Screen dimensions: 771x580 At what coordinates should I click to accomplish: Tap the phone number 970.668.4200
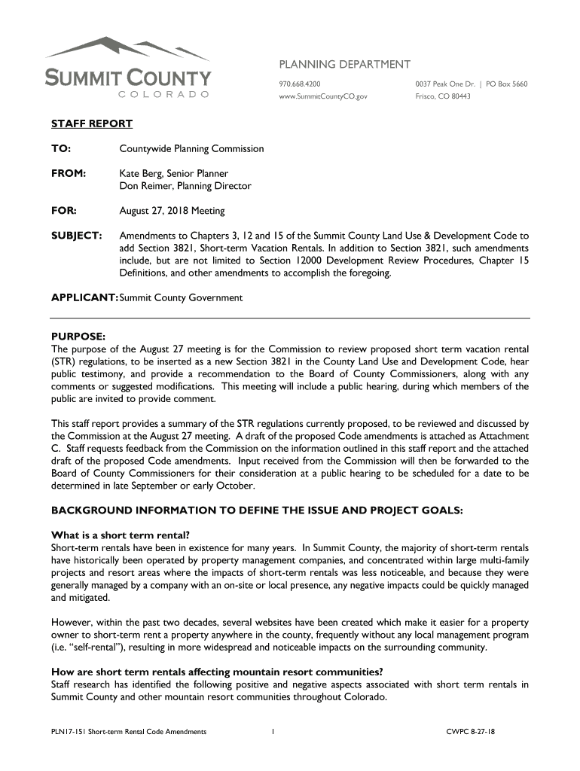point(299,84)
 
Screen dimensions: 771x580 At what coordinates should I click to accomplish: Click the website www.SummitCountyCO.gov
point(324,96)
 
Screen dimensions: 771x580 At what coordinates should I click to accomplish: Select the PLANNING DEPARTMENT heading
point(345,64)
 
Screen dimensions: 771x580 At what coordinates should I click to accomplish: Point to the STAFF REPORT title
point(91,123)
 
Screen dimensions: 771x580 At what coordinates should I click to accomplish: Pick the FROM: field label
point(69,173)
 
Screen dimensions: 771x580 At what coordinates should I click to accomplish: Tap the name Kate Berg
point(139,173)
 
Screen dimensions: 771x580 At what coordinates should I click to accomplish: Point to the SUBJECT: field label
point(76,236)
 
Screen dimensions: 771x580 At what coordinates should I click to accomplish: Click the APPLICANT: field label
point(84,297)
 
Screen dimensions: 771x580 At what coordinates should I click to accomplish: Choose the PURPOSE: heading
point(78,336)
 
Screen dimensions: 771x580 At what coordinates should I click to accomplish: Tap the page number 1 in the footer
point(272,731)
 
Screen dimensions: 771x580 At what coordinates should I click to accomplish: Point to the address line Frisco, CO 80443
point(443,96)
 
